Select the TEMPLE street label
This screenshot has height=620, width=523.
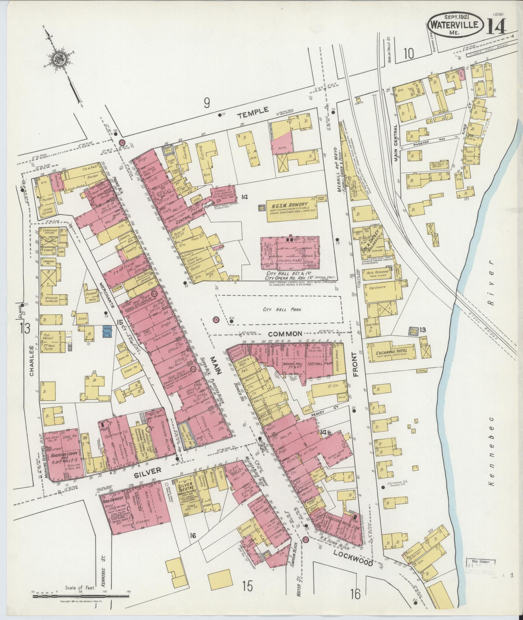253,111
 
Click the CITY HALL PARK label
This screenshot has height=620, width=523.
282,310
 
